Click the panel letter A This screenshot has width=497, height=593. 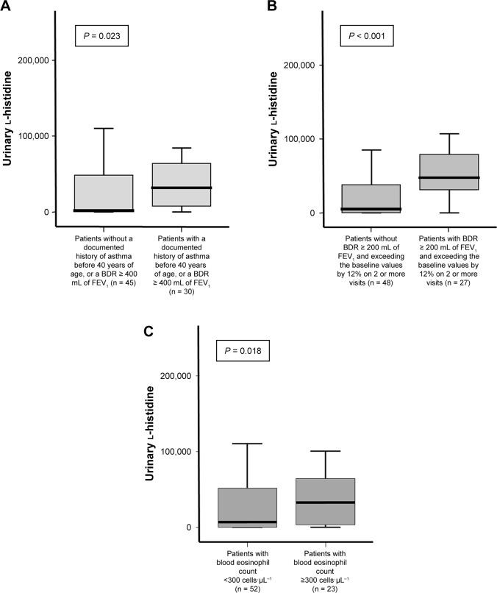[7, 7]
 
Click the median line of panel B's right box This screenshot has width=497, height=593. [448, 177]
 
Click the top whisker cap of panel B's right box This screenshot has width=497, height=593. [448, 134]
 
